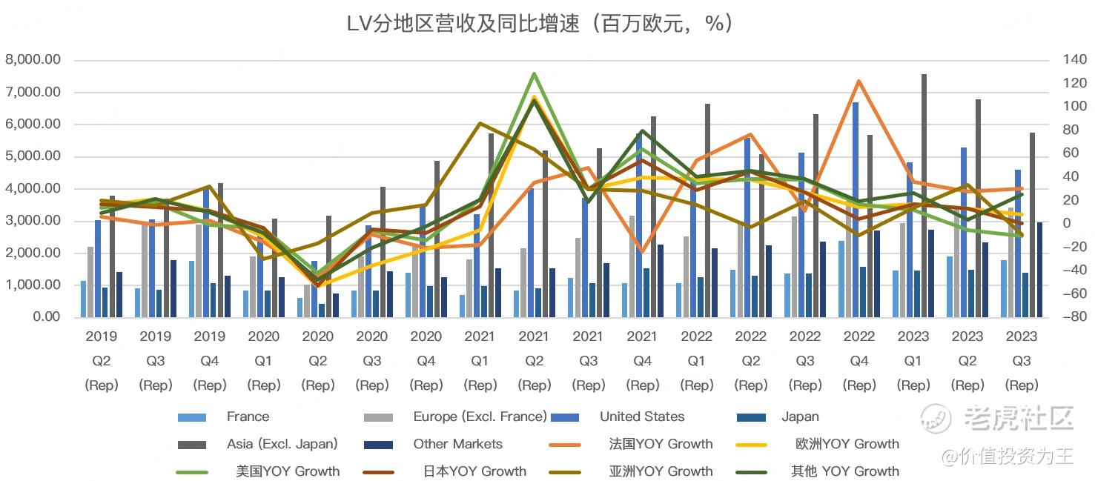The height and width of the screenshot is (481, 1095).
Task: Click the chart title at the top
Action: point(540,24)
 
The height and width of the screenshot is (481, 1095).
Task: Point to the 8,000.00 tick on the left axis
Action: point(33,60)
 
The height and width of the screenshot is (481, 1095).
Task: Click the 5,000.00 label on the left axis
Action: point(33,156)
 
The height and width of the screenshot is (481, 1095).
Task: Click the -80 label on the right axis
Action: point(1071,317)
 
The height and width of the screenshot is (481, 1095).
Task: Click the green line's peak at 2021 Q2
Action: point(534,73)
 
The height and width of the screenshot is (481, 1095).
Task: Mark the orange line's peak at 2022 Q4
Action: point(859,81)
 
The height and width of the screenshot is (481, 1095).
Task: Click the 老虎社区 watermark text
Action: point(1019,418)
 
